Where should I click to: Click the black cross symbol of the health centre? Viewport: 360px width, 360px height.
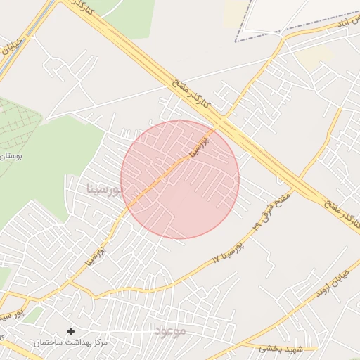70,330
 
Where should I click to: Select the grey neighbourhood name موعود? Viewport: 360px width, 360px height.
169,330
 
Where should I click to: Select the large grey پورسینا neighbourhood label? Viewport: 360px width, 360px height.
104,189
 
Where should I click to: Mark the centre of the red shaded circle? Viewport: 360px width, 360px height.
180,180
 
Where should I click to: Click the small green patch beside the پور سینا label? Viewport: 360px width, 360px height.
32,314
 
